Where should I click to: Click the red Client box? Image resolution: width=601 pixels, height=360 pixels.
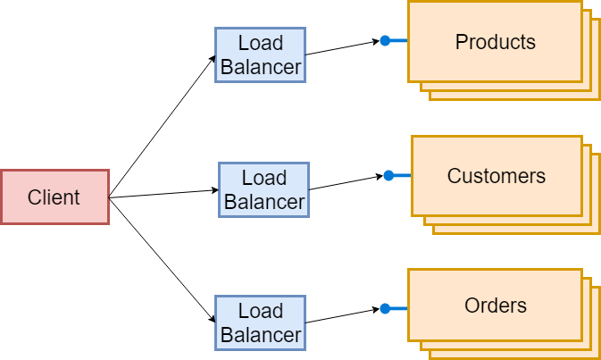point(54,197)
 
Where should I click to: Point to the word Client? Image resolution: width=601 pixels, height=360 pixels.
point(54,197)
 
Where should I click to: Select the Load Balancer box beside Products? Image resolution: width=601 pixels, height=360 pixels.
point(260,54)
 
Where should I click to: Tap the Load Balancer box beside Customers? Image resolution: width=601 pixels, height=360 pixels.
point(263,189)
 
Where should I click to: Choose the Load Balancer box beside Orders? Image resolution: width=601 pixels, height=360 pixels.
point(260,322)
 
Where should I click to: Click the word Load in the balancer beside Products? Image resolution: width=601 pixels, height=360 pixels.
point(261,43)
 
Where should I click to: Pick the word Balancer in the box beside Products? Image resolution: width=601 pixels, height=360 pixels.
point(261,67)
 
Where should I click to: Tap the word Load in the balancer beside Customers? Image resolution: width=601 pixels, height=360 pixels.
point(264,178)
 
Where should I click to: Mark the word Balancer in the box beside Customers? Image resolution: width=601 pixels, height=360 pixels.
point(264,202)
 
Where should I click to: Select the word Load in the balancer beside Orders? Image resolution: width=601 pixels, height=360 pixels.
point(261,311)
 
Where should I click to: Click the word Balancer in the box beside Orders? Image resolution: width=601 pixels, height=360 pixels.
point(261,335)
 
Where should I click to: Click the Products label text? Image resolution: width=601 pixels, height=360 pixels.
point(495,42)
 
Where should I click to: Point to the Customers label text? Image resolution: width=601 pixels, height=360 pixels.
point(496,176)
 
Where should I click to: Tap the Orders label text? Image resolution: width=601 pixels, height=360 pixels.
point(495,306)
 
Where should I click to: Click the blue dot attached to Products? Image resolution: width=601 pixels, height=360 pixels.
point(385,40)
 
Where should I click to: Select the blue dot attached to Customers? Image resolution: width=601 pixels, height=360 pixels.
point(388,175)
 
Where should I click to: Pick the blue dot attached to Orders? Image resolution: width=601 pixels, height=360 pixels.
point(385,308)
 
